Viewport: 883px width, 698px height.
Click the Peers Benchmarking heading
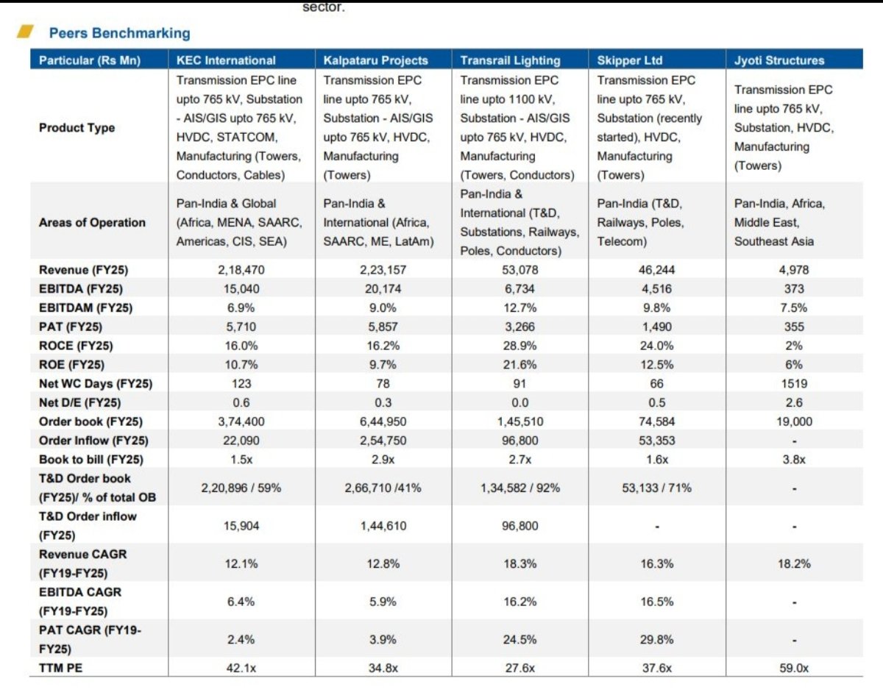pos(119,33)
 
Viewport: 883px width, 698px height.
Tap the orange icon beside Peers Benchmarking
pos(25,32)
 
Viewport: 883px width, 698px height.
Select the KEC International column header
pos(226,60)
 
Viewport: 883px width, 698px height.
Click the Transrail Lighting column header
pos(510,60)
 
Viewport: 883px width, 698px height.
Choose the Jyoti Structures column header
pos(779,60)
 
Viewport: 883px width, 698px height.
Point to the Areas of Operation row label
pos(92,222)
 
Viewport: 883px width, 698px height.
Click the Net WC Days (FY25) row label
pos(95,383)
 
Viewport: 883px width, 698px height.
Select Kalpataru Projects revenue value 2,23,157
pos(383,270)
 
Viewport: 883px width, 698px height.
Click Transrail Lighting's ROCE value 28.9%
pos(519,346)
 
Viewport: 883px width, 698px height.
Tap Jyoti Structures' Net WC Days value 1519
pos(794,383)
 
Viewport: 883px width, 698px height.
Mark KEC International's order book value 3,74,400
pos(241,421)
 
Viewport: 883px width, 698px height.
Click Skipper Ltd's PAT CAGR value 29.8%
pos(656,639)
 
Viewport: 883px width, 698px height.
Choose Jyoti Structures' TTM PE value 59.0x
pos(794,668)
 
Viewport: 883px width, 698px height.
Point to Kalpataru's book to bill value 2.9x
pos(383,459)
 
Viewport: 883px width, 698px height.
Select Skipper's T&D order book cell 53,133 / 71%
pos(656,488)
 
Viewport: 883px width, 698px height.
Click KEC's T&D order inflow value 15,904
pos(241,526)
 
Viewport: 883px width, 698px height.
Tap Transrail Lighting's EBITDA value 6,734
pos(519,289)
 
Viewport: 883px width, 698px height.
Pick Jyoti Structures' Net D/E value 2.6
pos(794,402)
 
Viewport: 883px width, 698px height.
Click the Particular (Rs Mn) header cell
pos(89,60)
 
